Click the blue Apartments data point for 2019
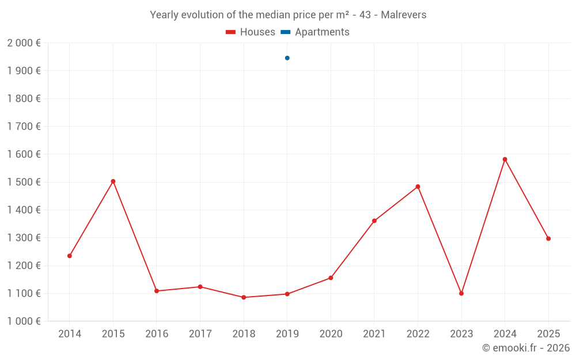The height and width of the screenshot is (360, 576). click(x=287, y=58)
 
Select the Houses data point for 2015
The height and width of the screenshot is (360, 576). click(x=113, y=181)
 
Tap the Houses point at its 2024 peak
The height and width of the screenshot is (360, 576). click(x=505, y=160)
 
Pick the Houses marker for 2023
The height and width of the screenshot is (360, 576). click(x=461, y=294)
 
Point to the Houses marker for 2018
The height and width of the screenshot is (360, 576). click(x=244, y=297)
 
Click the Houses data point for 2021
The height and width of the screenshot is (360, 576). click(x=374, y=221)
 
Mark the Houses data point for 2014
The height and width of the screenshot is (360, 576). click(x=70, y=256)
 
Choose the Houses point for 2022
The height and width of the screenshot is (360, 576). click(x=418, y=187)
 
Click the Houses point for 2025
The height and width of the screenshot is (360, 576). click(x=548, y=238)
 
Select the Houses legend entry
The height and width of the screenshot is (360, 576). click(x=251, y=32)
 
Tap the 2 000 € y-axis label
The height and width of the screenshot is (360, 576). click(x=24, y=43)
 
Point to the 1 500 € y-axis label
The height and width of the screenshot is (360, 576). click(x=24, y=182)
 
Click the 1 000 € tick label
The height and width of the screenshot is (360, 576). click(x=24, y=321)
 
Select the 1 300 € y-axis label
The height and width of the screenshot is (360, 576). click(x=24, y=238)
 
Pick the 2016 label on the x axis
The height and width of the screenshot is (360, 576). click(x=157, y=334)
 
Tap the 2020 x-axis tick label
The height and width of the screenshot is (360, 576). click(x=331, y=334)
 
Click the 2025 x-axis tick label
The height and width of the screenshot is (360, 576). click(x=548, y=334)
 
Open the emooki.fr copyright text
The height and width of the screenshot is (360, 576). click(x=526, y=348)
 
